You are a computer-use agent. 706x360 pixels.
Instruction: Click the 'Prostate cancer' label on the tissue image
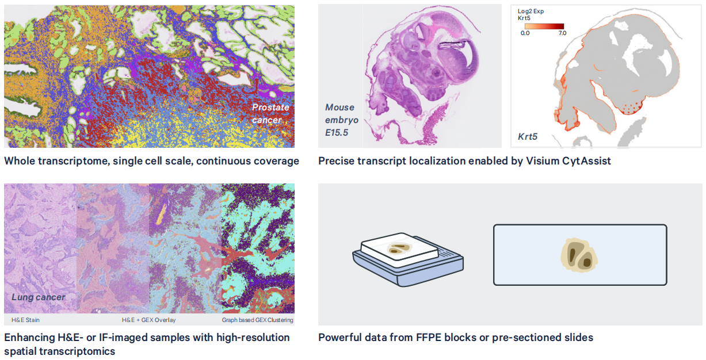pos(270,114)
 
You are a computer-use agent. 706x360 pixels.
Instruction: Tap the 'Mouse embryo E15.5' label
pos(342,120)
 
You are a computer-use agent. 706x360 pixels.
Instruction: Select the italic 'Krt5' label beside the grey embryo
pos(528,137)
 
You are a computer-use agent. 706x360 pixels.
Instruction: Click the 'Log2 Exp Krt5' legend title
pos(531,14)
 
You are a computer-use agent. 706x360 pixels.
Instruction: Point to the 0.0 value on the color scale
pos(525,33)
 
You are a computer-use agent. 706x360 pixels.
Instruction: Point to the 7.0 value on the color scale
pos(562,33)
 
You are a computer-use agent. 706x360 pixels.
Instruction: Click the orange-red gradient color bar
pos(544,26)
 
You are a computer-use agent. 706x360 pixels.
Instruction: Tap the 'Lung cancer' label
pos(39,297)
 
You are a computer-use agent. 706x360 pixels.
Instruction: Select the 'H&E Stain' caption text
pos(25,320)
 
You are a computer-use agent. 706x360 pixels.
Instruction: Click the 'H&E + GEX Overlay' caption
pos(149,320)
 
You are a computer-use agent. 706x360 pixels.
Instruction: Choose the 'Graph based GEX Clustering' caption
pos(258,320)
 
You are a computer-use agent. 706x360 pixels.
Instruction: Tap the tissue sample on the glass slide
pos(579,255)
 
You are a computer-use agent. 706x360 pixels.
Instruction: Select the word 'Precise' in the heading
pos(337,161)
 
